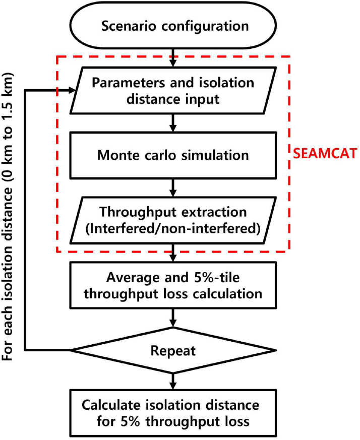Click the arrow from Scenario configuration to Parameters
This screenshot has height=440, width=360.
(x=173, y=58)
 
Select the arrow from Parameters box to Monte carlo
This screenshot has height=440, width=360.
(x=173, y=123)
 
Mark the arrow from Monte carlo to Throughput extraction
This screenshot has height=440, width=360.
(x=173, y=188)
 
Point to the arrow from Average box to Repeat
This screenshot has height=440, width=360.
(x=173, y=318)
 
